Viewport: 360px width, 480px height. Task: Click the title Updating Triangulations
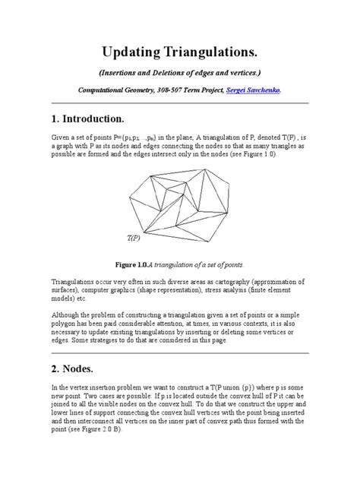[180, 53]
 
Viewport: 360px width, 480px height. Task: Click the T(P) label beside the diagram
[133, 238]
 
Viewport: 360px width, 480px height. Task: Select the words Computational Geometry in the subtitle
[112, 90]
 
